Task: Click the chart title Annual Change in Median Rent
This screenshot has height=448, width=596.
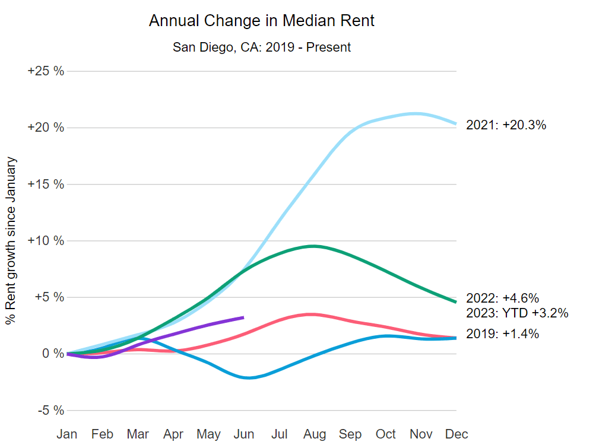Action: (262, 21)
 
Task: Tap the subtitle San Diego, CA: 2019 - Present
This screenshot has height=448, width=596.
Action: (262, 47)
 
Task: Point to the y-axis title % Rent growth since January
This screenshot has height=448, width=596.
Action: (11, 241)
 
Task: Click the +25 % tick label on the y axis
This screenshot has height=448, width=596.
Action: (46, 71)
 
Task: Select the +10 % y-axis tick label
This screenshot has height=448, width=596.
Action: (46, 241)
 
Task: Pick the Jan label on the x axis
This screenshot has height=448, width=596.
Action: (67, 434)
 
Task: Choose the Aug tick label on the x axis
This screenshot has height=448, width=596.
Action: (314, 434)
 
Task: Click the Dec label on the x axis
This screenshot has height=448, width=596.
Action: (456, 434)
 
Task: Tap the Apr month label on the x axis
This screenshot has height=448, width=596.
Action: (173, 434)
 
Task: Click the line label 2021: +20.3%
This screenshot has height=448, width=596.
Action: (506, 125)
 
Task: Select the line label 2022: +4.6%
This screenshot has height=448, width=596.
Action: (502, 298)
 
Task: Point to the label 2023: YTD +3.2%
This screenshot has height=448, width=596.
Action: (517, 313)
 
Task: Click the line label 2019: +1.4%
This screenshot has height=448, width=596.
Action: (502, 334)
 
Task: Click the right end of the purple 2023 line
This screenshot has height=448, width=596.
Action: (243, 317)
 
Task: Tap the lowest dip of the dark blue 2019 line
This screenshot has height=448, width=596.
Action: (249, 378)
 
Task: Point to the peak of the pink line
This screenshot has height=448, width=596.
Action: (312, 314)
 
